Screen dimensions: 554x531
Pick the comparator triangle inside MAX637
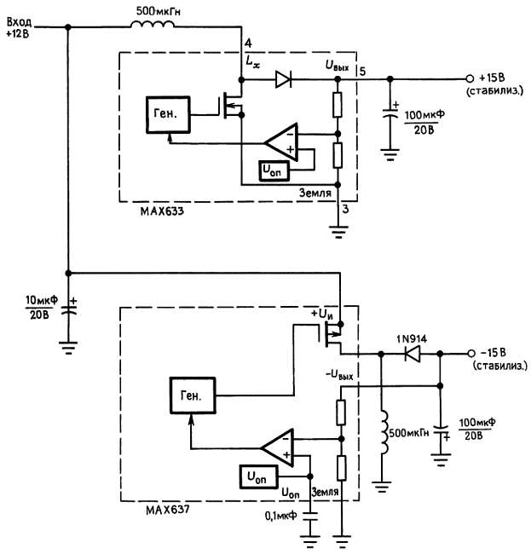pos(279,447)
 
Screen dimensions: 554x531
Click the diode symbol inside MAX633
pos(283,80)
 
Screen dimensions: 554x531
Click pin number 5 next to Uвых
pos(361,69)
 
